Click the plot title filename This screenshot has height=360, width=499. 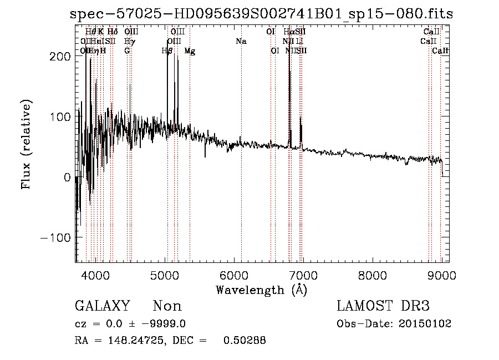click(x=262, y=14)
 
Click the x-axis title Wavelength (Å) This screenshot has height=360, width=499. click(x=262, y=290)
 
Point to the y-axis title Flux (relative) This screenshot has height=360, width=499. click(x=27, y=144)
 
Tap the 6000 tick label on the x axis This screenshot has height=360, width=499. click(x=234, y=274)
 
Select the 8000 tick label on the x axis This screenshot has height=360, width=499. click(x=373, y=274)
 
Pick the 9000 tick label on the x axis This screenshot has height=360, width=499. click(x=442, y=274)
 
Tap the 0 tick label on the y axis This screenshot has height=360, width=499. click(x=67, y=177)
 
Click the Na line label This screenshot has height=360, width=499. click(x=241, y=42)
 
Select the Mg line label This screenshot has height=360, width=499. click(x=190, y=52)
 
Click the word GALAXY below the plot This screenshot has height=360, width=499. click(x=103, y=306)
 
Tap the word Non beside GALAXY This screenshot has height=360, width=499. click(x=167, y=306)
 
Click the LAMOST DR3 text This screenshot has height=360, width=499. click(x=383, y=306)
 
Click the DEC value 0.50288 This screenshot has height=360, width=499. click(x=244, y=341)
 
